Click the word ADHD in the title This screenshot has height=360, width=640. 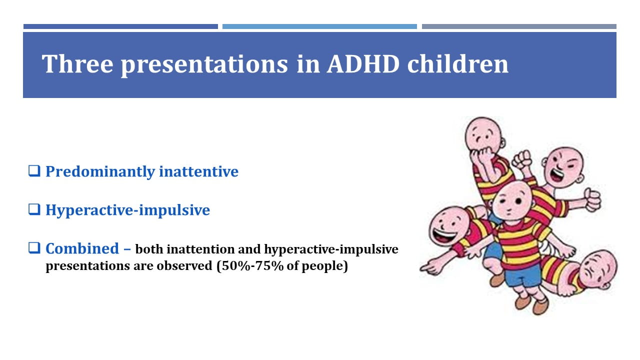[363, 64]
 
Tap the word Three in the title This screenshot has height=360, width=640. [77, 64]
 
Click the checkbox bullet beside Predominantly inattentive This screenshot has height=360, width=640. [34, 171]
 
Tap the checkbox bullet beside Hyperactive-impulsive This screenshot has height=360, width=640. [34, 209]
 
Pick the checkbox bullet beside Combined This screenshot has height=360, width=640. [34, 248]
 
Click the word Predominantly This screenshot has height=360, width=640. [100, 172]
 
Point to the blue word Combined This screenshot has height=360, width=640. [82, 248]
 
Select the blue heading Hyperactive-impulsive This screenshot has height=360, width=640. [127, 210]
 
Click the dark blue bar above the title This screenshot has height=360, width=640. [120, 26]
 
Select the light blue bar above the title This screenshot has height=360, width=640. [319, 26]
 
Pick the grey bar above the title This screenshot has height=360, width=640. [519, 26]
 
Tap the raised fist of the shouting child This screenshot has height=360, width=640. [521, 159]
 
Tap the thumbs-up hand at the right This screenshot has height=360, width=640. [592, 200]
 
